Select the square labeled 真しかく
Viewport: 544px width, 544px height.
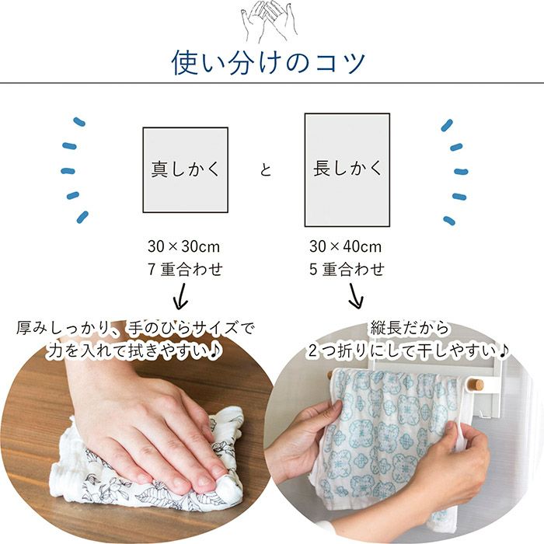(x=185, y=169)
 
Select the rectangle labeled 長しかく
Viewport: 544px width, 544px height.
(x=347, y=169)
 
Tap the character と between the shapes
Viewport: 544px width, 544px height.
(x=266, y=169)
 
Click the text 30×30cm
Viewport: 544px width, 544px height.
(x=184, y=247)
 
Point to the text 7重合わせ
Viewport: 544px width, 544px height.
(x=184, y=270)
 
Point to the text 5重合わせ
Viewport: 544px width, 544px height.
(x=346, y=270)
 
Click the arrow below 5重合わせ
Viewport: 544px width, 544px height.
(x=356, y=296)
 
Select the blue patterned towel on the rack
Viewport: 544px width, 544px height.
(x=389, y=427)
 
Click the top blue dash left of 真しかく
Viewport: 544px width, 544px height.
(x=78, y=122)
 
